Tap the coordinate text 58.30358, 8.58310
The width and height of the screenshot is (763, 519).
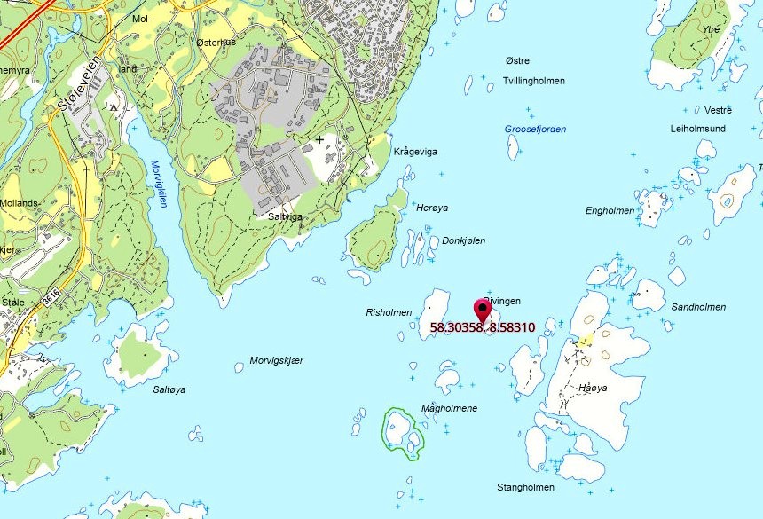click(482, 327)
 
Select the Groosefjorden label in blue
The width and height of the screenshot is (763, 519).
click(535, 130)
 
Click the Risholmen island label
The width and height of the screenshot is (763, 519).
click(389, 313)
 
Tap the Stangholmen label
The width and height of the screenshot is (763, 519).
click(525, 487)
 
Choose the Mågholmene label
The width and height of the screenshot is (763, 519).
click(449, 408)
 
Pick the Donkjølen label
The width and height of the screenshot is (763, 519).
click(463, 240)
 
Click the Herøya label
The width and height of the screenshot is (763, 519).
click(432, 208)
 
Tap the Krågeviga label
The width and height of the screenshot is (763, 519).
click(415, 152)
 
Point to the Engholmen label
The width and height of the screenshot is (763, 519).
click(610, 211)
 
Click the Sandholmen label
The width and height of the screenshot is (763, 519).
click(698, 307)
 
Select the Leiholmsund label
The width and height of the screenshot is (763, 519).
click(697, 129)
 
